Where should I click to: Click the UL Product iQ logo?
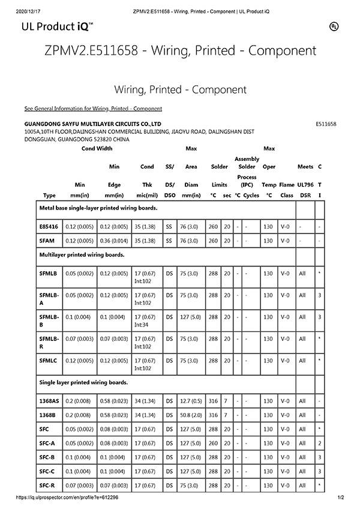[57, 26]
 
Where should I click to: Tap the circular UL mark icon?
[333, 26]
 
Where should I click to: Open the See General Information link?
[93, 109]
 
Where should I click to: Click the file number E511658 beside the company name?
[325, 124]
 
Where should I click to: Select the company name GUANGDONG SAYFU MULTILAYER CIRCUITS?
[93, 124]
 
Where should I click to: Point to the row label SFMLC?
[49, 360]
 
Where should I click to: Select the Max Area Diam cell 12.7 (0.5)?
[191, 400]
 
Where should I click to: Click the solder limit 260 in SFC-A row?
[213, 443]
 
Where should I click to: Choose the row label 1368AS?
[49, 400]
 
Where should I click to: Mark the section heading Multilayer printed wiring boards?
[82, 255]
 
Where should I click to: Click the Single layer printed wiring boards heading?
[83, 382]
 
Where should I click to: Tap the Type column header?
[50, 195]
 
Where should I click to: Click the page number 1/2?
[340, 498]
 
